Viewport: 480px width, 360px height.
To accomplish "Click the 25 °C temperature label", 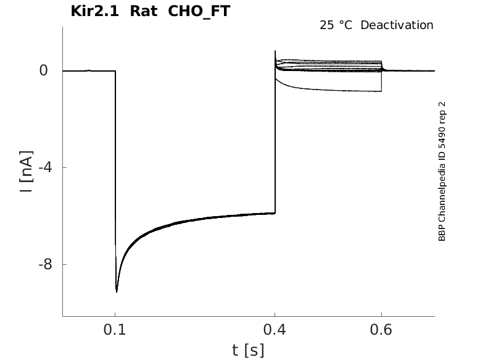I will pos(336,25).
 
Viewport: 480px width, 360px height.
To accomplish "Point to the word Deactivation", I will pos(397,25).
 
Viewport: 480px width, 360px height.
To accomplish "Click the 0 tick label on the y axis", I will pos(43,71).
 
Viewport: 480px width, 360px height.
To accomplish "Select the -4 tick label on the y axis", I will pos(41,168).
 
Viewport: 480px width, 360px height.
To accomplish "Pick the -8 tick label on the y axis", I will pos(41,265).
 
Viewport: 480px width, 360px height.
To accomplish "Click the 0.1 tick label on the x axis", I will pos(115,330).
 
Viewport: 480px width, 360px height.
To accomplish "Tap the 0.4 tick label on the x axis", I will pos(275,330).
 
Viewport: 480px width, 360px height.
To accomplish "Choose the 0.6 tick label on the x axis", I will pos(381,330).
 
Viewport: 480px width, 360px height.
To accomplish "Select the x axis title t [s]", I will pos(248,351).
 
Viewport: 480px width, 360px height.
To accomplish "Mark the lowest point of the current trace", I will pos(117,291).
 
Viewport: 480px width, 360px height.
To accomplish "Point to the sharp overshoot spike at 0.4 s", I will pos(275,52).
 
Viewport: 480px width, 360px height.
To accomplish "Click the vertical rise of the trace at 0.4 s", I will pos(275,142).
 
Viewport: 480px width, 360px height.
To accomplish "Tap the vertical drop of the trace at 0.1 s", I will pos(115,179).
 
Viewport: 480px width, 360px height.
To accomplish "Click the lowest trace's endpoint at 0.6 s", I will pos(381,91).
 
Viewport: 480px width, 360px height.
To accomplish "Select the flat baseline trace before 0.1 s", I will pos(86,71).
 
